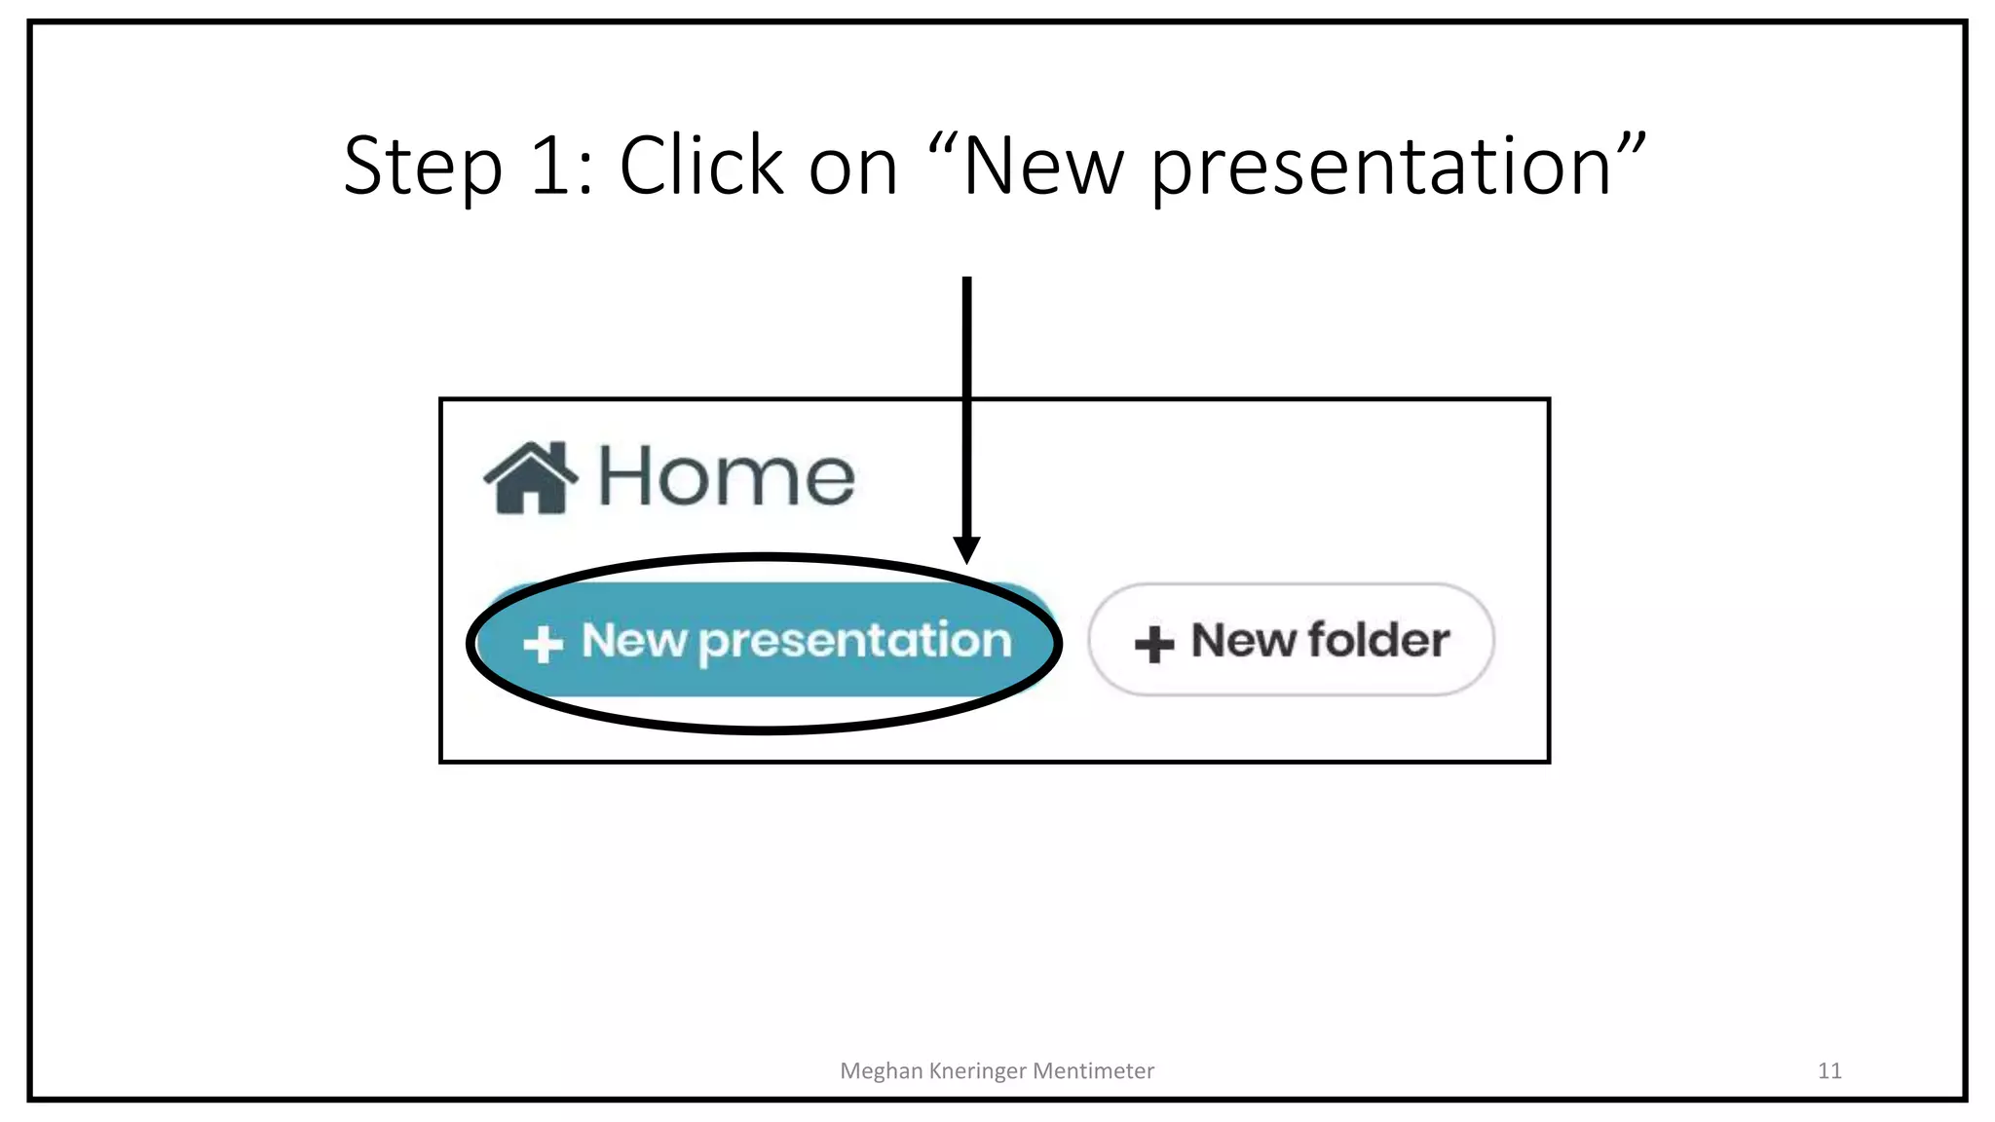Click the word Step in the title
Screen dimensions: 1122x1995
(423, 168)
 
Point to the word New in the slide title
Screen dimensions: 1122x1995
(1043, 168)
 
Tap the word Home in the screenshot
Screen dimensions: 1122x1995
(726, 477)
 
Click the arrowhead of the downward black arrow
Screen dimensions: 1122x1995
(966, 549)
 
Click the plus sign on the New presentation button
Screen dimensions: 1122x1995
(543, 644)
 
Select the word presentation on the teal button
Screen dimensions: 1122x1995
(855, 643)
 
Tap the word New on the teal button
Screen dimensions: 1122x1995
(634, 641)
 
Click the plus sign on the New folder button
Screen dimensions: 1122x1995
(1154, 644)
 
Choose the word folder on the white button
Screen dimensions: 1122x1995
(1378, 641)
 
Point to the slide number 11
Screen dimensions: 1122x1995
(1829, 1070)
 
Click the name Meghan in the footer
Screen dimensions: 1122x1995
(881, 1071)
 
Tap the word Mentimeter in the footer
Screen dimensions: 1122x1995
(1093, 1070)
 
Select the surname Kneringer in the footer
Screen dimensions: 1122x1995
(977, 1071)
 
